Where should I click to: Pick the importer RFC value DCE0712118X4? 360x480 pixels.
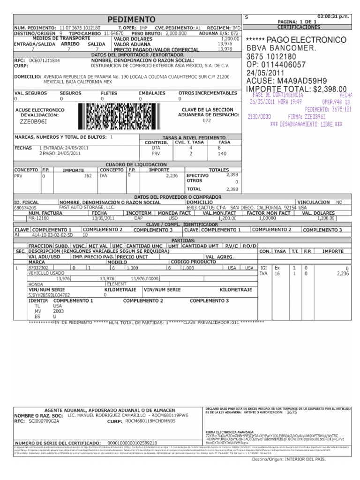[x=45, y=60]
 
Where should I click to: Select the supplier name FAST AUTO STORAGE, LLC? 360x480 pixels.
[x=87, y=207]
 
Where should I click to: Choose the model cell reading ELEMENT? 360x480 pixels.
[x=117, y=284]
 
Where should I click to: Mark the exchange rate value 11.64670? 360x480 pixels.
[x=113, y=34]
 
